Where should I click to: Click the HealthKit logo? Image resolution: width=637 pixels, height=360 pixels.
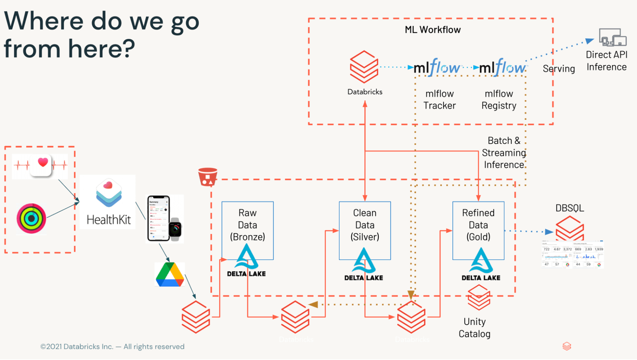(x=108, y=201)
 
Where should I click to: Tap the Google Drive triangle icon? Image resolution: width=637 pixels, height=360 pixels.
(x=170, y=275)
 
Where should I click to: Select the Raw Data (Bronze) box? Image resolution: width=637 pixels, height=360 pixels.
(x=247, y=225)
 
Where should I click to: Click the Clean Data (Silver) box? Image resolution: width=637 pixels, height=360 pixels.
(x=365, y=225)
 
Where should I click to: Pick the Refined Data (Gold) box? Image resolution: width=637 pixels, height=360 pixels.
(x=478, y=225)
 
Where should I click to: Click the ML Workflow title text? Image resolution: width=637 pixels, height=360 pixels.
(x=433, y=30)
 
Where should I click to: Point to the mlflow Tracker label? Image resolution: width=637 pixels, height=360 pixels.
(x=439, y=100)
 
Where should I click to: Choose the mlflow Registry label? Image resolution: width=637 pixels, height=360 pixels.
(x=499, y=100)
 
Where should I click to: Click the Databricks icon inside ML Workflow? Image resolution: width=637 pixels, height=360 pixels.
(x=364, y=66)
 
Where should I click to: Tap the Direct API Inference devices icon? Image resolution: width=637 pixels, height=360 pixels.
(x=612, y=38)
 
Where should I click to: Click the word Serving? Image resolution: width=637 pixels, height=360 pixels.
(x=559, y=69)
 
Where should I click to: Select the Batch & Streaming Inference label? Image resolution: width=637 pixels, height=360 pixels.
(x=504, y=152)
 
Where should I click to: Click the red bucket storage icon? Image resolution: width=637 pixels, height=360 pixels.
(x=208, y=177)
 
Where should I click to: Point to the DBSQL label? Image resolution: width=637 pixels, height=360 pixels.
(x=570, y=209)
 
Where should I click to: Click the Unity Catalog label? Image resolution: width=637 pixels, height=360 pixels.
(x=474, y=328)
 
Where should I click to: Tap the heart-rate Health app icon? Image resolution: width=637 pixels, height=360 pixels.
(x=41, y=165)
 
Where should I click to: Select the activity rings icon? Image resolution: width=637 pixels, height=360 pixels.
(x=31, y=218)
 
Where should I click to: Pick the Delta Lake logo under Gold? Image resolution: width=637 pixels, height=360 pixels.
(x=481, y=264)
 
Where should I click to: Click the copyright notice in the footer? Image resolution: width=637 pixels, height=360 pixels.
(x=112, y=347)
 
